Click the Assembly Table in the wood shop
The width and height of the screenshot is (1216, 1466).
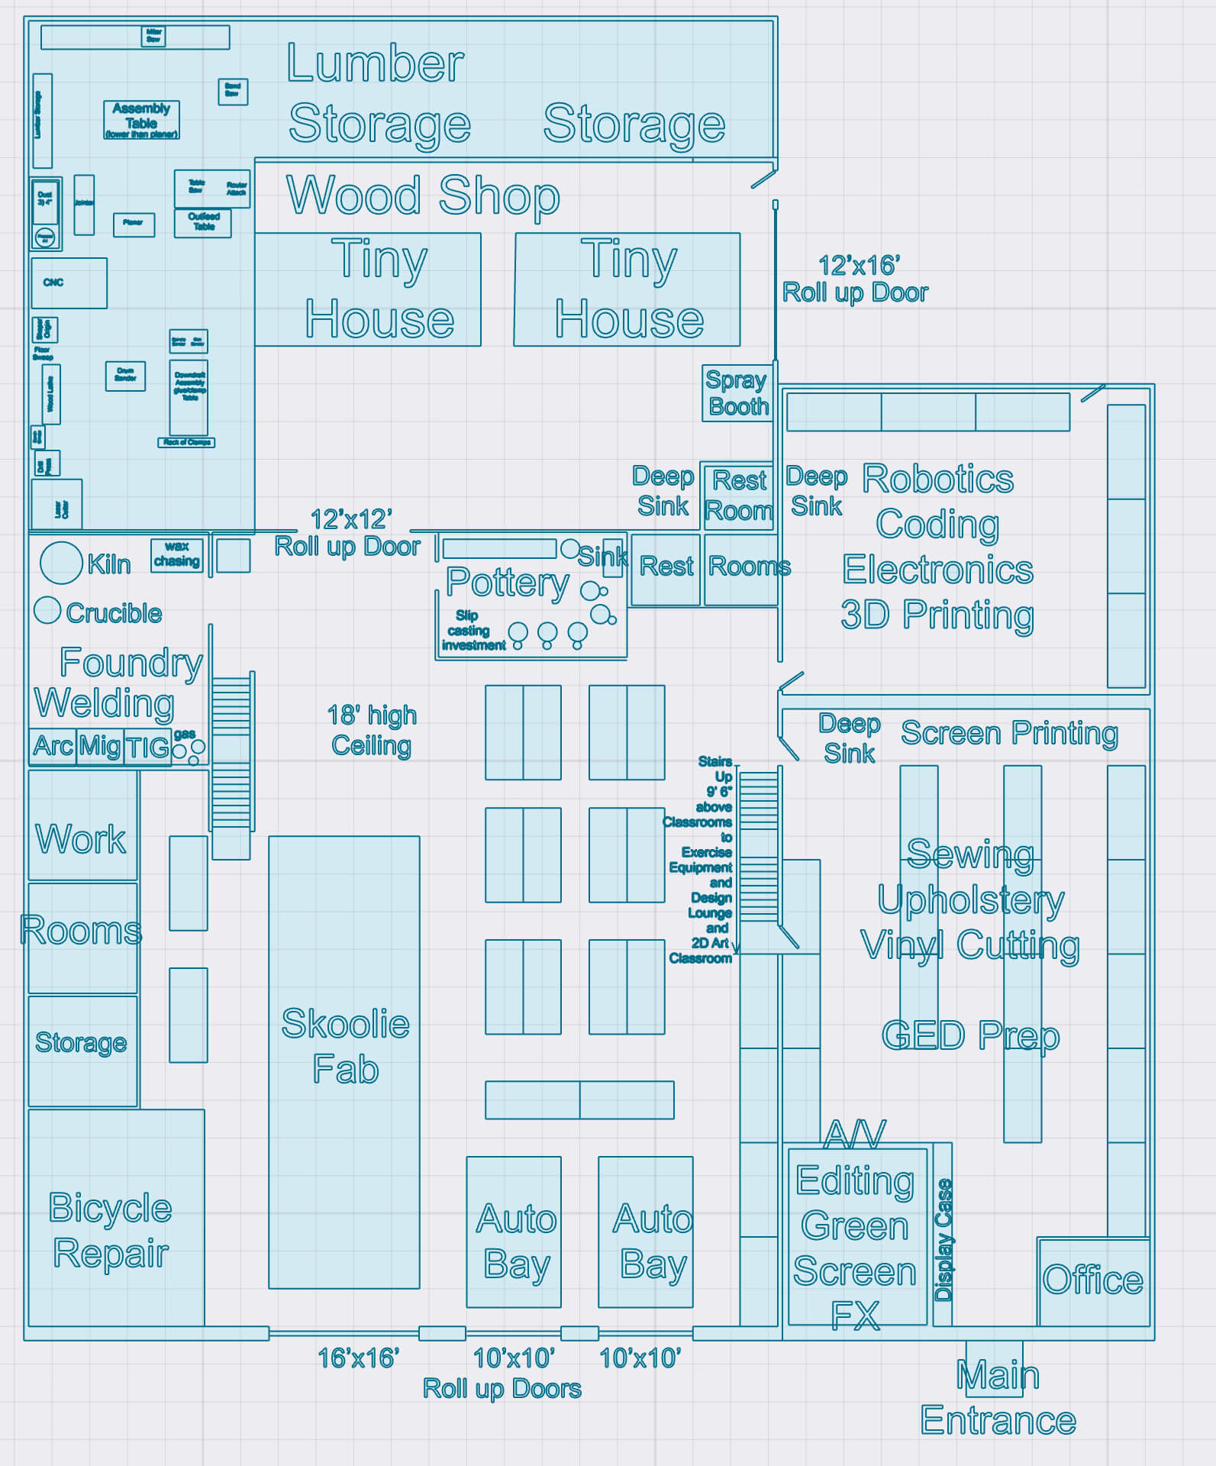tap(141, 120)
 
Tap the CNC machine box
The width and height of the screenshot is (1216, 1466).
tap(69, 283)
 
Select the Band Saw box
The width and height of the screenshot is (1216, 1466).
tap(233, 91)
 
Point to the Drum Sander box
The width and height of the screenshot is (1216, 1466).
tap(125, 376)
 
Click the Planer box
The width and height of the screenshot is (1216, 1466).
tap(134, 224)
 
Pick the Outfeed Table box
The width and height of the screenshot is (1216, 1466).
tap(203, 223)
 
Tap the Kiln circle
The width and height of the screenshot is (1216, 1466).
tap(61, 563)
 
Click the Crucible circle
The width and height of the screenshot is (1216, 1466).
tap(47, 610)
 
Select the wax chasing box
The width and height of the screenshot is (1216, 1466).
tap(176, 555)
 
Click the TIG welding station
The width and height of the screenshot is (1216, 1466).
tap(147, 747)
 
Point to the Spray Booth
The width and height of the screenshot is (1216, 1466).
tap(737, 393)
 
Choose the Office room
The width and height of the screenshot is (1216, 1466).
tap(1092, 1281)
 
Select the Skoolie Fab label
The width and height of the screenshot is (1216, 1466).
tap(345, 1046)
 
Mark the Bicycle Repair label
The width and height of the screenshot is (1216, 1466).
tap(111, 1231)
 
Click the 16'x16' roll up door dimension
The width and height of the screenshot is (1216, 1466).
tap(358, 1358)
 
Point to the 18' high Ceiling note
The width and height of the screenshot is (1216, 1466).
tap(372, 730)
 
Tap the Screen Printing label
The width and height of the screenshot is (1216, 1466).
tap(1009, 733)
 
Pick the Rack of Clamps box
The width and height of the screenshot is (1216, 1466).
tap(186, 443)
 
